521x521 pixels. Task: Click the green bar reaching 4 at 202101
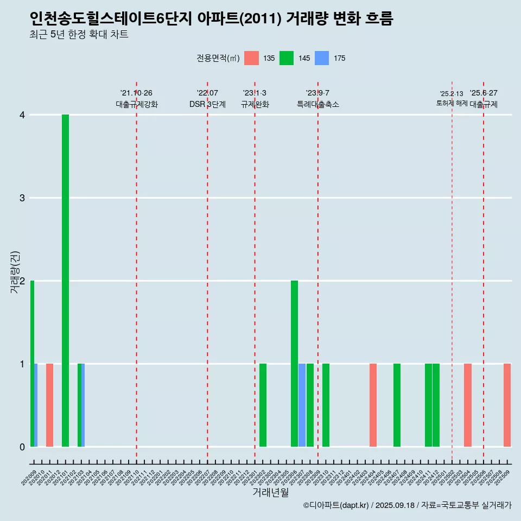point(65,281)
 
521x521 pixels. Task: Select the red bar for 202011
point(49,405)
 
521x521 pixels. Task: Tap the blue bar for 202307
point(302,405)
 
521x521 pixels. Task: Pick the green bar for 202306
point(294,364)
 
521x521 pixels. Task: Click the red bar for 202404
point(373,405)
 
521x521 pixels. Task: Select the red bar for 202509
point(507,405)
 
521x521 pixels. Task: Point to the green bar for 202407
point(397,405)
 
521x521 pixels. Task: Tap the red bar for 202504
point(467,405)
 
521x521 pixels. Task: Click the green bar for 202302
point(263,405)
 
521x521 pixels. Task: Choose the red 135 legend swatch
point(251,58)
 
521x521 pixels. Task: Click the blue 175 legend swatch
point(322,58)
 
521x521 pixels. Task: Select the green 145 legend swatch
point(287,58)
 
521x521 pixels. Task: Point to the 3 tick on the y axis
point(22,198)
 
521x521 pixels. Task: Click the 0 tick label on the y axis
point(22,447)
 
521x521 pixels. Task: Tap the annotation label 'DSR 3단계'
point(207,104)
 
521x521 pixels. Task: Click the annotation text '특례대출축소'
point(317,104)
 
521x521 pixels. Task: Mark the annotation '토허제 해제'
point(452,103)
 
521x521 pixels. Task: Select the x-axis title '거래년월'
point(270,492)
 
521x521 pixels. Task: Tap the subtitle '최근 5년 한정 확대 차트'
point(79,35)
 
